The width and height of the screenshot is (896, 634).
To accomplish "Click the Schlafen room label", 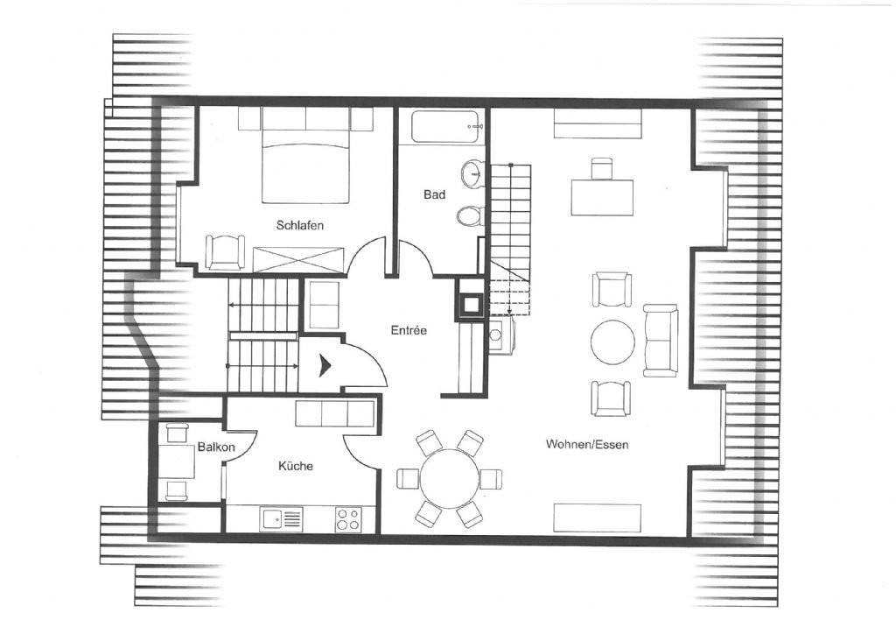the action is pyautogui.click(x=299, y=225).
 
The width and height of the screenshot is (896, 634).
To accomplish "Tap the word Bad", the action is pyautogui.click(x=434, y=195).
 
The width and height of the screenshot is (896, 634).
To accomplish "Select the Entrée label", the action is pyautogui.click(x=409, y=330).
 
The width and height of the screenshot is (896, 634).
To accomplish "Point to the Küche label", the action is pyautogui.click(x=296, y=466).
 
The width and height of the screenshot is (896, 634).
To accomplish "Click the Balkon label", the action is pyautogui.click(x=216, y=447).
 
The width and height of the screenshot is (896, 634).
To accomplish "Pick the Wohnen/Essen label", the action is pyautogui.click(x=587, y=444).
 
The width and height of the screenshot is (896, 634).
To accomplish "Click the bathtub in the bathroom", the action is pyautogui.click(x=446, y=127).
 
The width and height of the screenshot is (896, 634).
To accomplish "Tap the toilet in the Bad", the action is pyautogui.click(x=471, y=216).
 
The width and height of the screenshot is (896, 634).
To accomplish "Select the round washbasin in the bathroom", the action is pyautogui.click(x=472, y=173).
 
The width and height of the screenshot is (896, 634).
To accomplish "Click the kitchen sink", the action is pyautogui.click(x=281, y=519).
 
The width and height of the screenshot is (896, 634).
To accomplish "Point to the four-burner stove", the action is pyautogui.click(x=347, y=519).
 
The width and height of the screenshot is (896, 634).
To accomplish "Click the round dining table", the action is pyautogui.click(x=450, y=478).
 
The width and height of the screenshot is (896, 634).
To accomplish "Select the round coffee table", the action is pyautogui.click(x=612, y=342).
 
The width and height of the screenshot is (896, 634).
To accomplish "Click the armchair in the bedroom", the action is pyautogui.click(x=225, y=252).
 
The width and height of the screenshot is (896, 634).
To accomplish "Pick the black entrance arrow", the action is pyautogui.click(x=325, y=365).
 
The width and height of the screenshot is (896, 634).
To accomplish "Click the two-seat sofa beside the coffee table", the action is pyautogui.click(x=661, y=341).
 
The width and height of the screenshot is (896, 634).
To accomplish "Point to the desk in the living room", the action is pyautogui.click(x=602, y=197).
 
